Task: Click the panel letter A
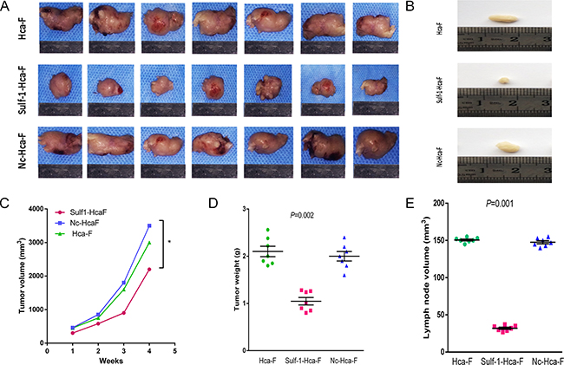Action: (6, 7)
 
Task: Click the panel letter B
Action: (426, 7)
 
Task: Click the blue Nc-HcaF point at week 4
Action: (149, 225)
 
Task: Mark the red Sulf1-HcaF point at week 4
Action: (149, 269)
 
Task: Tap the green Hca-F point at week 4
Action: (149, 243)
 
